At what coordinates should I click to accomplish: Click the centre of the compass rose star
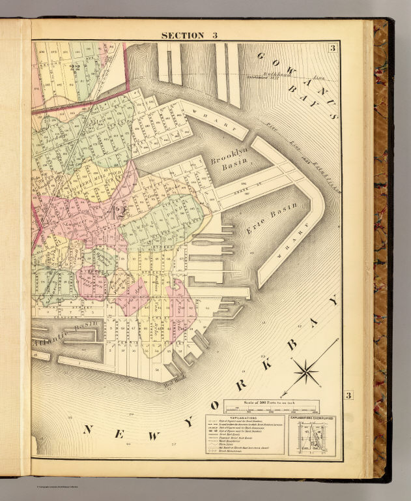click(x=306, y=373)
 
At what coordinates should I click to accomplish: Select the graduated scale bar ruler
click(x=271, y=410)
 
